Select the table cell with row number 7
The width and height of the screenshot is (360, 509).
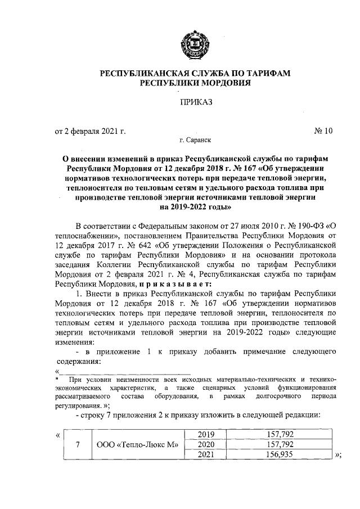[78, 444]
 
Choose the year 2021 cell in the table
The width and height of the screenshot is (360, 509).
[205, 454]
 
